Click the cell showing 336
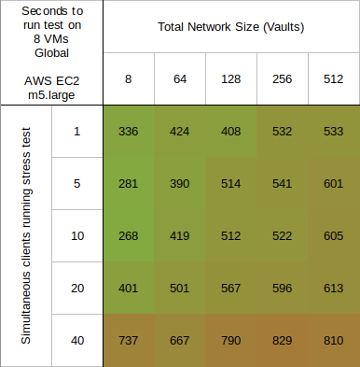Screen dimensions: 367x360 129,132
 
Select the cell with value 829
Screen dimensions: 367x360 281,341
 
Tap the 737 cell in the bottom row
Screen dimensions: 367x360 129,341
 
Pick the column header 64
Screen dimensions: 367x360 179,79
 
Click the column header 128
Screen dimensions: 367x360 229,79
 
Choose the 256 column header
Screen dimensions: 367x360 281,79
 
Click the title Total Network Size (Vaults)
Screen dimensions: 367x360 229,27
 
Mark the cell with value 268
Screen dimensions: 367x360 129,236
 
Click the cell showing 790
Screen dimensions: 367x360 229,341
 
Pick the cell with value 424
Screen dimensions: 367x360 179,132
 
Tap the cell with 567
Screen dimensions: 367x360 229,289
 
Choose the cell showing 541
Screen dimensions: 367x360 281,184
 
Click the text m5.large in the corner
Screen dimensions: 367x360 51,93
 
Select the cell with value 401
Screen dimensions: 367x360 129,289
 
